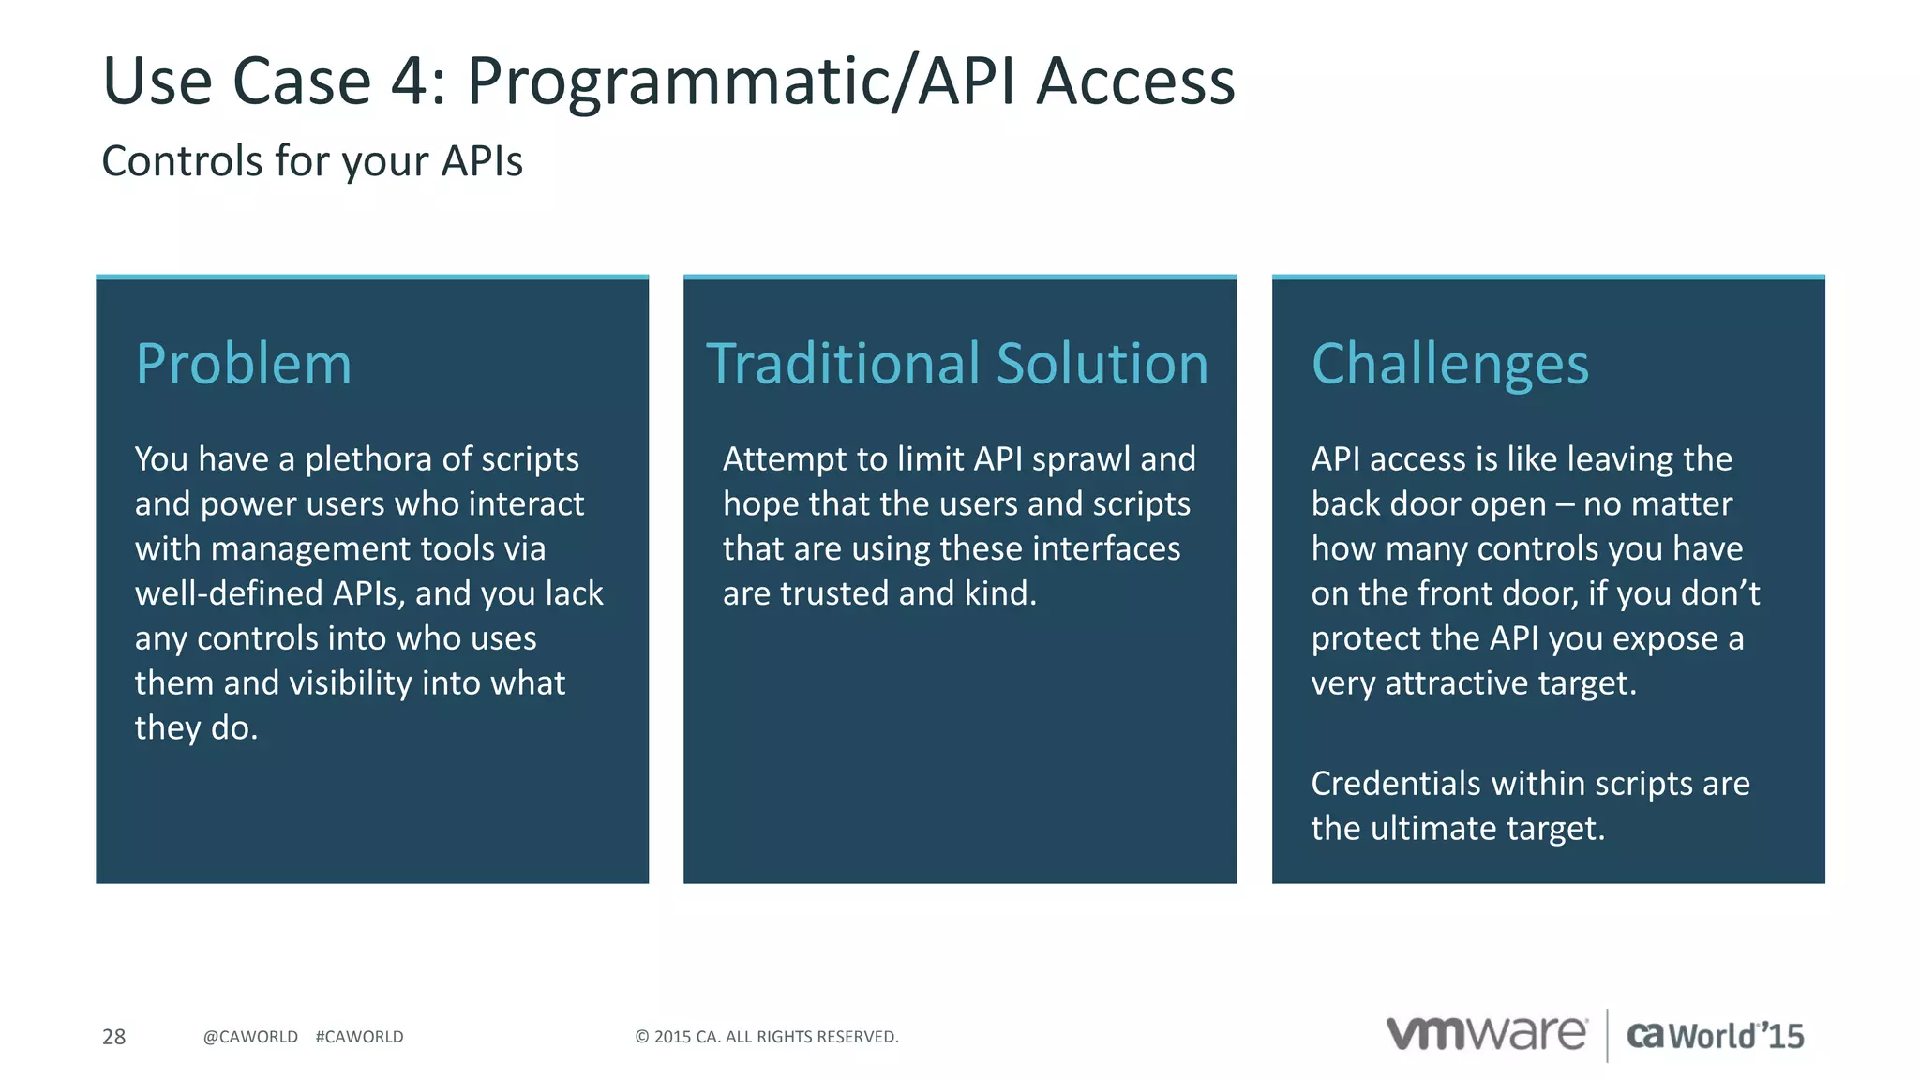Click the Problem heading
244,364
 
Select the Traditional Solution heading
957,364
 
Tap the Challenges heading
1449,364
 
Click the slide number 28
113,1036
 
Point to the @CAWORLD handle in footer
250,1036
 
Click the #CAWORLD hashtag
359,1036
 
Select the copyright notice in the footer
766,1036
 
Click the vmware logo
1487,1033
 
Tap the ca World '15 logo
1715,1035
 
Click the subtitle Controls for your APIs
311,161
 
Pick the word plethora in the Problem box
368,459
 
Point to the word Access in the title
1135,82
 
